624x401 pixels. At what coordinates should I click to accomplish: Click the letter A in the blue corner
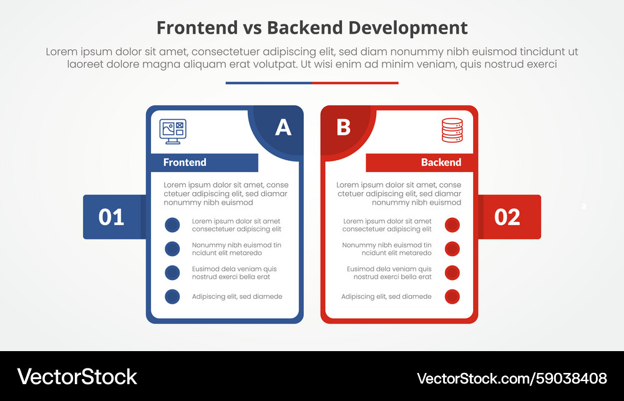tap(283, 127)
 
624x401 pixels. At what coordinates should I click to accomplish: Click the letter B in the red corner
tap(343, 127)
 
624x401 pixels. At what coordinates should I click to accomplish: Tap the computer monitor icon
tap(173, 132)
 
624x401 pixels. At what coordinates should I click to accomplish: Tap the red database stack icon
tap(452, 130)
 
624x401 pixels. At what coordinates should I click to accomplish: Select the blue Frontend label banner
tap(204, 163)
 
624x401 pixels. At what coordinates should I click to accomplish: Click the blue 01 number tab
tap(112, 217)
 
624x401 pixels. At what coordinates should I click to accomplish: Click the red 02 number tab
tap(507, 217)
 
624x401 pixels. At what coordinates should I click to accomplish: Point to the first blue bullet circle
tap(172, 225)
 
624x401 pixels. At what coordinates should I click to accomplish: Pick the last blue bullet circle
tap(172, 297)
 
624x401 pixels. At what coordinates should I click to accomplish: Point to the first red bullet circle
tap(452, 225)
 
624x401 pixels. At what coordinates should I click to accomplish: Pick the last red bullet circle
tap(452, 297)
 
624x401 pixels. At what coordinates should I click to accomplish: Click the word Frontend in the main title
tap(197, 28)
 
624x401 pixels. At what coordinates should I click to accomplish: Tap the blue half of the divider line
tap(268, 83)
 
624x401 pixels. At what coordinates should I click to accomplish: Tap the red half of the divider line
tap(355, 83)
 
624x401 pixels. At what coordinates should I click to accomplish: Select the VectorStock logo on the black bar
tap(77, 377)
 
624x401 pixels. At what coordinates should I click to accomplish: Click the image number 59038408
tap(572, 378)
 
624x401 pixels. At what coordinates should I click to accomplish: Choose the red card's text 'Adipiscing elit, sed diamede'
tap(386, 297)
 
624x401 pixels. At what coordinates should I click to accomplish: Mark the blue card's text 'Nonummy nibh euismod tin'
tap(236, 245)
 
